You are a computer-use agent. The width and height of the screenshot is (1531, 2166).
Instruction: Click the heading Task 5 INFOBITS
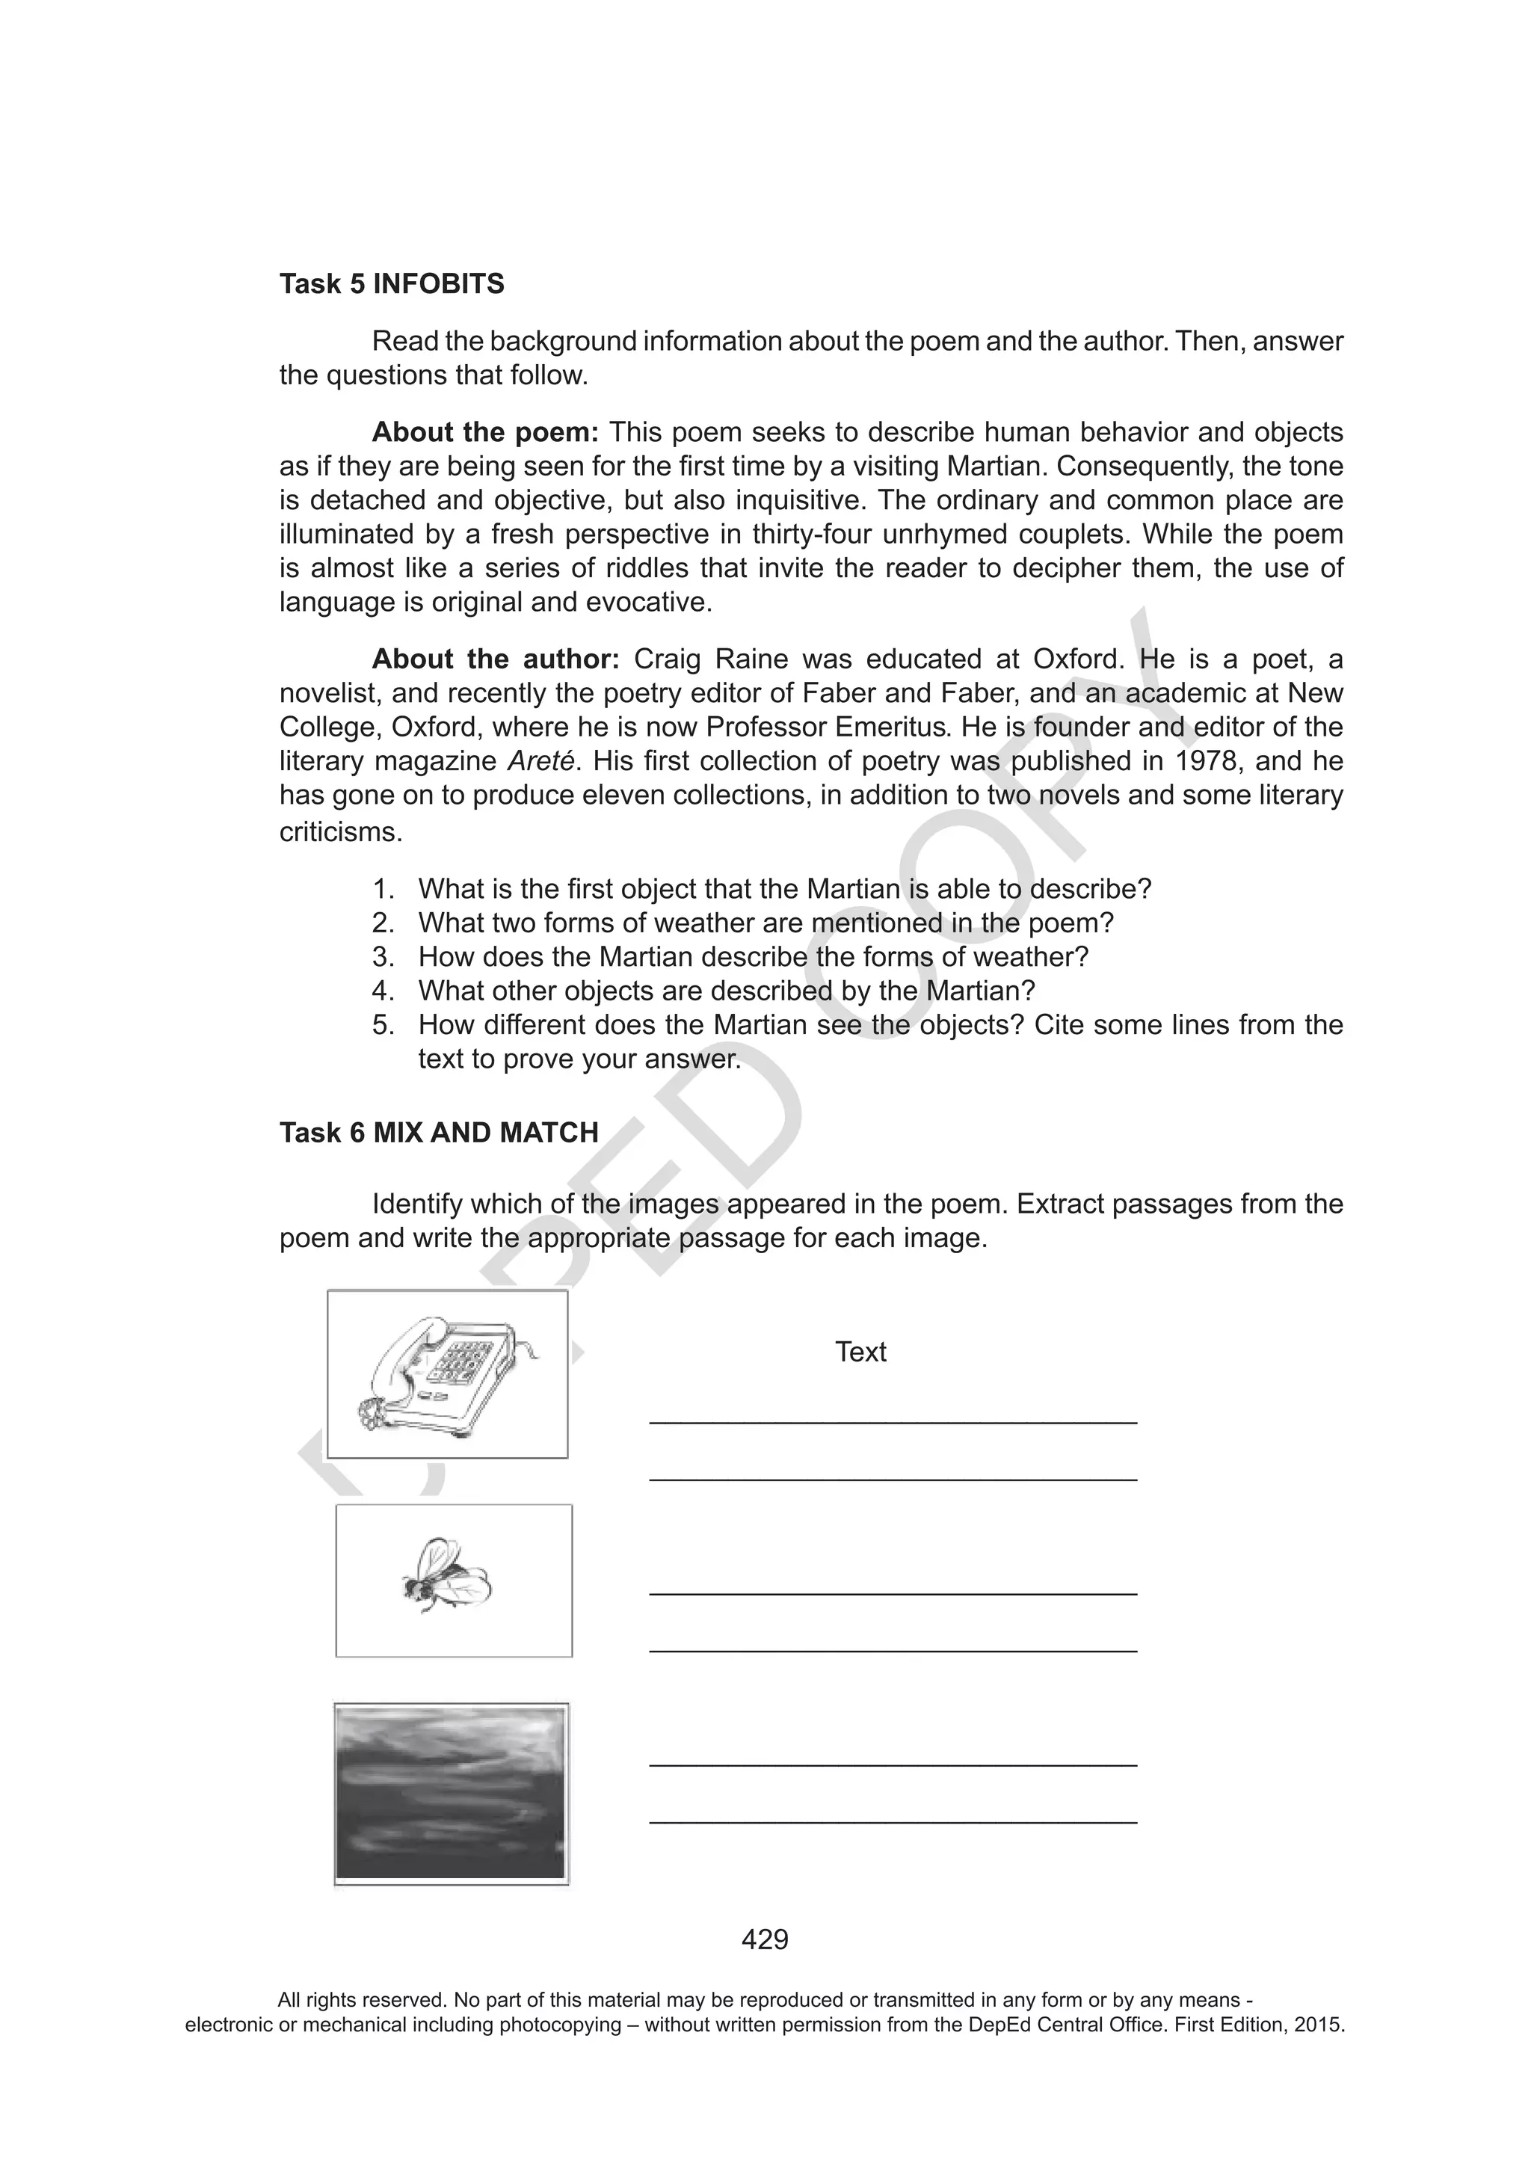[392, 284]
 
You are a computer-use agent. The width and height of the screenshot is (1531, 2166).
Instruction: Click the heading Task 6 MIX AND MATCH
[439, 1132]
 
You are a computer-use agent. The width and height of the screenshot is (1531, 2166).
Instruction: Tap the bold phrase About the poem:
[485, 432]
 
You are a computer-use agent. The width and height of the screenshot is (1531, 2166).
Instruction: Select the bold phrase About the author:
[495, 659]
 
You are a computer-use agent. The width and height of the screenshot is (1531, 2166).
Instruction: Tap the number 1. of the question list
[382, 889]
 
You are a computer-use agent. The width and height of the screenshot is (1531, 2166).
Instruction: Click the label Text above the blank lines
[860, 1352]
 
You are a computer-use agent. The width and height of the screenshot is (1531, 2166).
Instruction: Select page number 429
[765, 1939]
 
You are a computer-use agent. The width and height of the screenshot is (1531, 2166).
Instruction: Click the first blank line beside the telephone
[893, 1421]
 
